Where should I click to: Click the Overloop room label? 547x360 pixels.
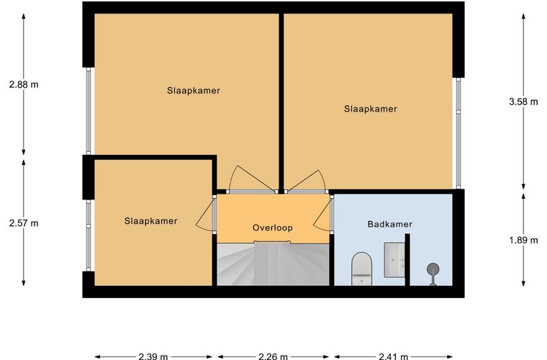click(x=273, y=228)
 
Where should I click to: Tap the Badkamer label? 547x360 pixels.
click(x=389, y=224)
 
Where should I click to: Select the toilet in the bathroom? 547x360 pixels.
click(x=361, y=269)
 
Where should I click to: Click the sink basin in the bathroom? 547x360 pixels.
click(x=394, y=259)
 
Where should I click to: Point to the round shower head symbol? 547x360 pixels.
click(x=433, y=269)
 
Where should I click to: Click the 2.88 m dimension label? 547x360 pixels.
click(x=24, y=84)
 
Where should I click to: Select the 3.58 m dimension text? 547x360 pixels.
click(x=523, y=102)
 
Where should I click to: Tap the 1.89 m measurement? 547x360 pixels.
click(x=523, y=240)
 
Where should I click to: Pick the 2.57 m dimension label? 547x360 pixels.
click(x=24, y=223)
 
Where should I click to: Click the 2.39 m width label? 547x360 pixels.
click(x=153, y=356)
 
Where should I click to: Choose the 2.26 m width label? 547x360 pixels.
click(x=273, y=356)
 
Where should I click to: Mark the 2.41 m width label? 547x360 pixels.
click(x=393, y=356)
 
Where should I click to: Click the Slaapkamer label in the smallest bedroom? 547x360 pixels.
click(x=150, y=221)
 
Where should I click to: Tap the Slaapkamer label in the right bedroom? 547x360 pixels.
click(x=371, y=109)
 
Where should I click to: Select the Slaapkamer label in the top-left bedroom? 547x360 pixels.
click(x=194, y=91)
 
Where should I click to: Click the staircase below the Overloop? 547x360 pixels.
click(x=273, y=264)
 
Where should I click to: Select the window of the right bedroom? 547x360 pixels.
click(x=458, y=133)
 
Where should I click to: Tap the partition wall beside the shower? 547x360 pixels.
click(x=407, y=259)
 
